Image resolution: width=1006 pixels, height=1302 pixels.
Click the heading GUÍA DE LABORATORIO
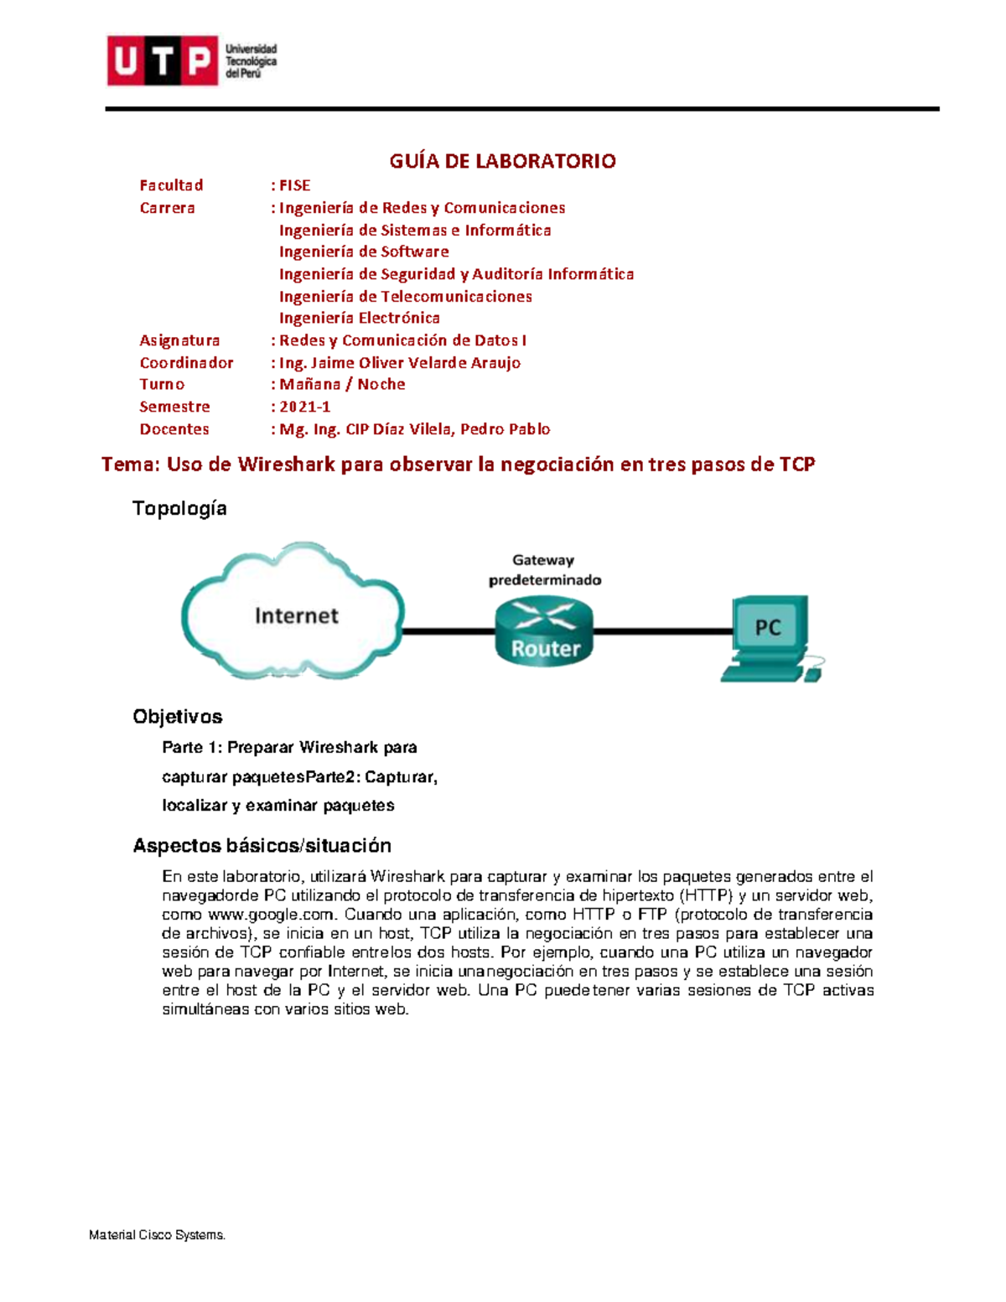(x=502, y=161)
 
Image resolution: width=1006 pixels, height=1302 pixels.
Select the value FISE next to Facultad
(x=294, y=185)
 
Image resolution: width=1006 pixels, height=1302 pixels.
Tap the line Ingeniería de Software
(x=363, y=252)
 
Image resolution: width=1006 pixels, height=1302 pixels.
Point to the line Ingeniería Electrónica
(x=359, y=318)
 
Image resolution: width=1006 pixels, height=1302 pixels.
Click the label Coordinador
(x=186, y=362)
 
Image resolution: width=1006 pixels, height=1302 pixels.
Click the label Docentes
(x=174, y=428)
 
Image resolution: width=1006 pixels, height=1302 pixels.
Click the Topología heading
(x=179, y=508)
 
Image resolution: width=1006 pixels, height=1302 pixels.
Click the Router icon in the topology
(x=545, y=633)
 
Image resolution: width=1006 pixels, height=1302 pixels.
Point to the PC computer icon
(x=770, y=637)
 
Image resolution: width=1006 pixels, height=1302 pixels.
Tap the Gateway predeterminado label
(x=545, y=570)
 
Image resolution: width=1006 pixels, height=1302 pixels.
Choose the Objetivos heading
(x=178, y=717)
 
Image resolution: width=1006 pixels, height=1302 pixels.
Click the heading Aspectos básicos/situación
(x=262, y=845)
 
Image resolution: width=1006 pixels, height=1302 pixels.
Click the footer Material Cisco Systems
(x=158, y=1235)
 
